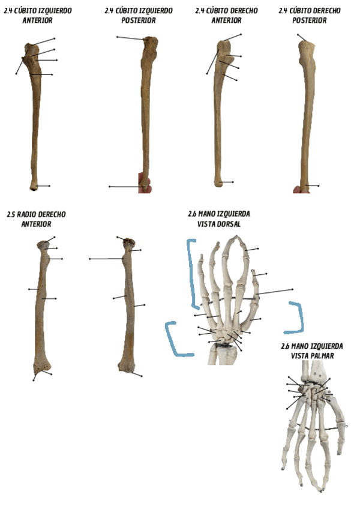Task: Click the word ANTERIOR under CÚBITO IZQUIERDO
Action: (37, 20)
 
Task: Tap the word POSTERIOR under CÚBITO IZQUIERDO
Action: (139, 20)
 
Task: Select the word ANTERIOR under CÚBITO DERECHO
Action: (226, 20)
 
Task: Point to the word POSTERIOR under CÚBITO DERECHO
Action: (310, 20)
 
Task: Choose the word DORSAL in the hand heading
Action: (228, 224)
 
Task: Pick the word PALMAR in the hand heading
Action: (320, 356)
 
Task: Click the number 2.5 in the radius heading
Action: (11, 214)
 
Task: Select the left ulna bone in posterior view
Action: (146, 114)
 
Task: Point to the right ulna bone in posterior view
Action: (307, 114)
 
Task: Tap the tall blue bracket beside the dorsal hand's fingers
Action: (192, 273)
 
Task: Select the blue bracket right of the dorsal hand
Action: (296, 318)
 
